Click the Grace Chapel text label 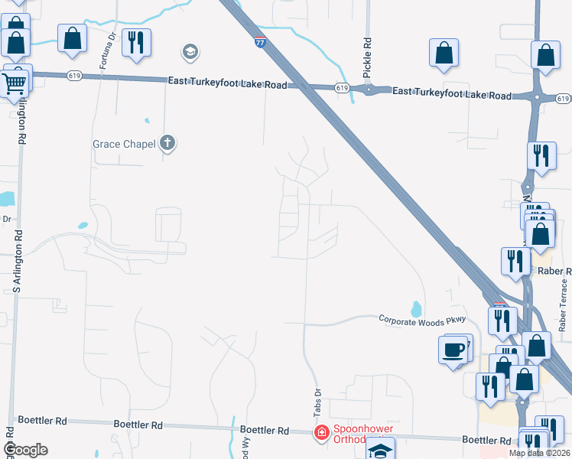(123, 143)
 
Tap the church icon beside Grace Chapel (167, 143)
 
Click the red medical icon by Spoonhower (323, 433)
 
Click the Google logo (25, 450)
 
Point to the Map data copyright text (538, 453)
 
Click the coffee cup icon (454, 350)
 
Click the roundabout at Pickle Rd (369, 90)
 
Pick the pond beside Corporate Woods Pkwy (416, 310)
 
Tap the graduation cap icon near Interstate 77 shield (190, 53)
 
